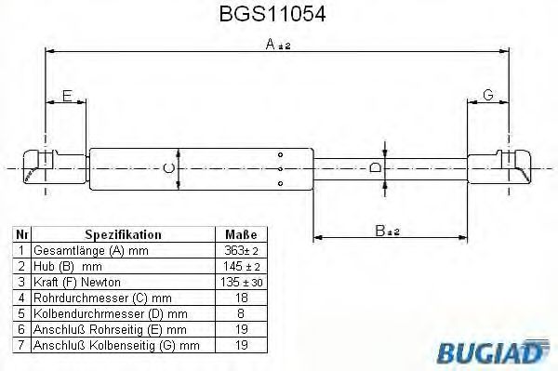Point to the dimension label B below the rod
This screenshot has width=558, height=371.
[x=383, y=230]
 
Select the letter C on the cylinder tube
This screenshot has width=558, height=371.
[x=168, y=167]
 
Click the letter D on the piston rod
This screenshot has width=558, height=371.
[x=374, y=167]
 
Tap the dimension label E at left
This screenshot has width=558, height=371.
[x=67, y=95]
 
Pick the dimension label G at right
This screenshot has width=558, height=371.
[x=487, y=95]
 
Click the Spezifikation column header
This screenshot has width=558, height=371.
[x=123, y=235]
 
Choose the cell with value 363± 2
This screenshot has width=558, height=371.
[x=239, y=251]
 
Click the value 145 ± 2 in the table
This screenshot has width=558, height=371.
[x=239, y=266]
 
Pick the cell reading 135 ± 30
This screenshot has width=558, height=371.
[x=239, y=282]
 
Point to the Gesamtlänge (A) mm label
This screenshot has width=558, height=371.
[x=90, y=251]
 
